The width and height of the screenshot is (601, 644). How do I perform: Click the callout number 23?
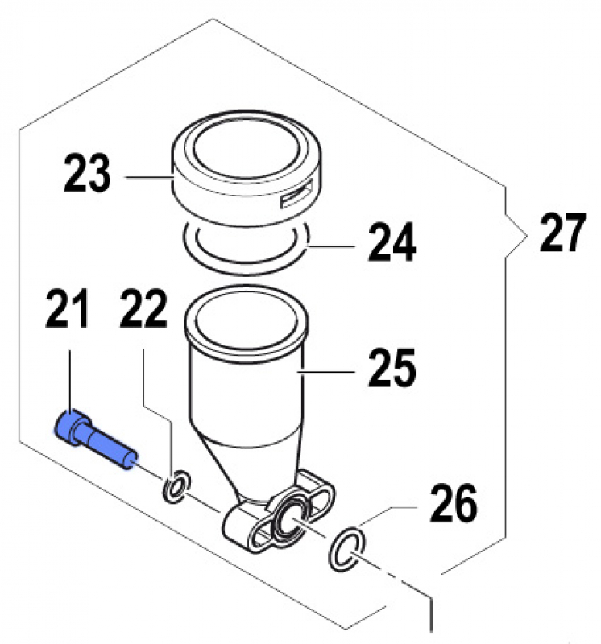(86, 174)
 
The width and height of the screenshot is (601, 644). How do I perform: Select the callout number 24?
(392, 243)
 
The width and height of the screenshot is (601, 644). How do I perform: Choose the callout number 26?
(453, 505)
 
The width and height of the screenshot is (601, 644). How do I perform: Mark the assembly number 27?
(557, 234)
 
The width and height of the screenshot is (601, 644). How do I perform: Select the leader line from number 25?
(326, 372)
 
